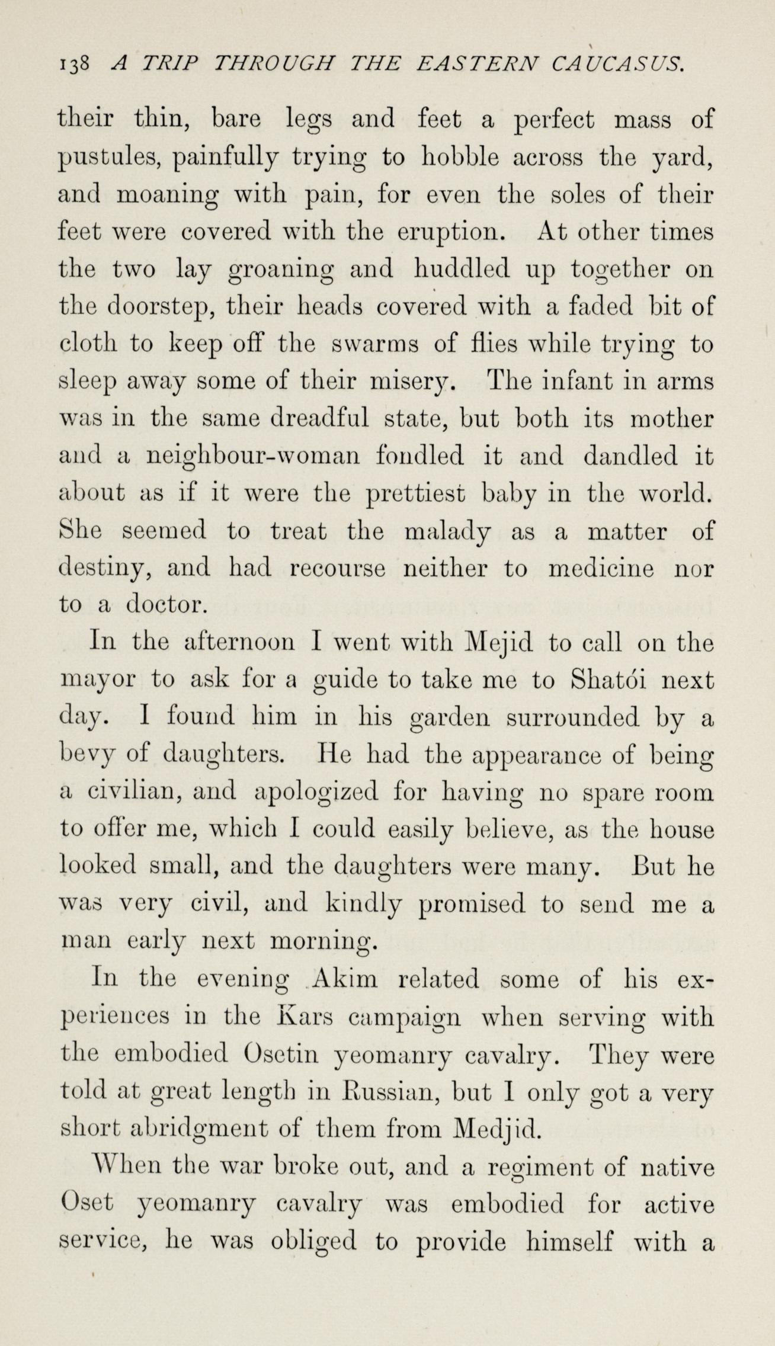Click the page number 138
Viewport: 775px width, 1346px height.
pos(74,64)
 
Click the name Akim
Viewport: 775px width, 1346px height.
pos(345,980)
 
